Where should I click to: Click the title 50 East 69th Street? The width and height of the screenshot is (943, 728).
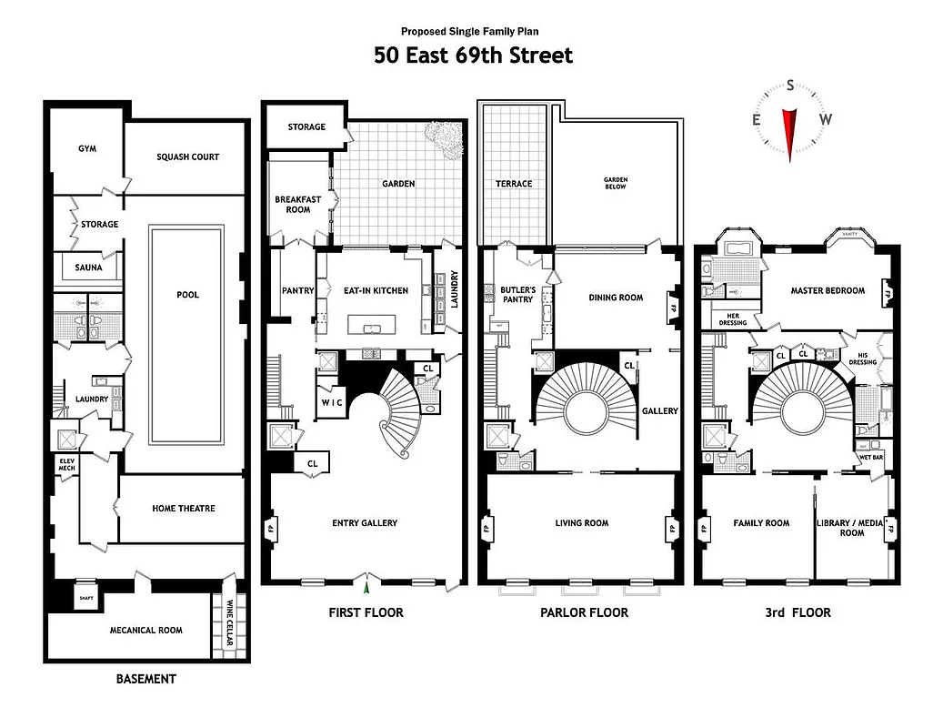coord(473,56)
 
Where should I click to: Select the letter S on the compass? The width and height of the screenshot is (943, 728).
coord(790,86)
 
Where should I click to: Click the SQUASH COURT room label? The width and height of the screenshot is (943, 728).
coord(187,157)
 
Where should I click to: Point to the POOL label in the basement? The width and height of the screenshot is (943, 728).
coord(187,295)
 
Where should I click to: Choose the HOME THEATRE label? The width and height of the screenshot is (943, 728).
coord(184,509)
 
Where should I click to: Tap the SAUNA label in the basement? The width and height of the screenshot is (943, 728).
coord(89,268)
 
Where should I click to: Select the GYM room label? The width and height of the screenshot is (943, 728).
coord(86,148)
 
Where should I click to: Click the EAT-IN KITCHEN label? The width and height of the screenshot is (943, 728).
coord(374,291)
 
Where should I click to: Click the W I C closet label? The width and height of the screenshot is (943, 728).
coord(331,401)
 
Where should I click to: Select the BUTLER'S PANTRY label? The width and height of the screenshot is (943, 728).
coord(517,294)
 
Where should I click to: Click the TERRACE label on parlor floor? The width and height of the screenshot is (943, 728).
coord(514,184)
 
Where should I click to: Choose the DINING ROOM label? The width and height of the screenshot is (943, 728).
coord(616,298)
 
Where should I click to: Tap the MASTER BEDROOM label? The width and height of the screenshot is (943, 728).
coord(828,291)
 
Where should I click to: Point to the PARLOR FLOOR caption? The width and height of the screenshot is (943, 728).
coord(584,612)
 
